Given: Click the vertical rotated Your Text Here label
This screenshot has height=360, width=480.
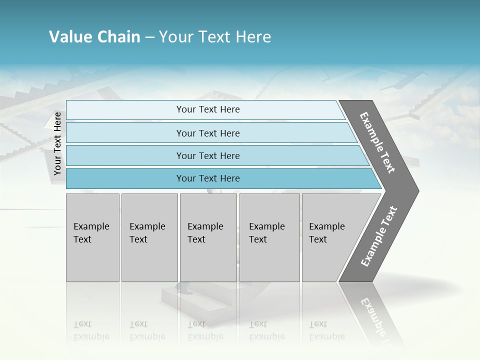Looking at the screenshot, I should click(57, 143).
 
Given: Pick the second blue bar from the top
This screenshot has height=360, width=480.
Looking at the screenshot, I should click(207, 133).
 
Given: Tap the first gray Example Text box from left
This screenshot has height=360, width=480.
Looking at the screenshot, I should click(92, 237).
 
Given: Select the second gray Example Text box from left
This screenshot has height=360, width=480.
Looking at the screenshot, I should click(149, 237).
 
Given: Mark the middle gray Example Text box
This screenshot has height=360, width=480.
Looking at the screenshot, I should click(208, 237).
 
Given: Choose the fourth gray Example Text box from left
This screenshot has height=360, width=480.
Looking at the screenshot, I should click(269, 237).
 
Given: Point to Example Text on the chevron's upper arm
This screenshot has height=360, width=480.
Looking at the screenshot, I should click(377, 142).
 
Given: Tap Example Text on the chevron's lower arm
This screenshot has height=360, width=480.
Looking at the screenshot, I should click(378, 236).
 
